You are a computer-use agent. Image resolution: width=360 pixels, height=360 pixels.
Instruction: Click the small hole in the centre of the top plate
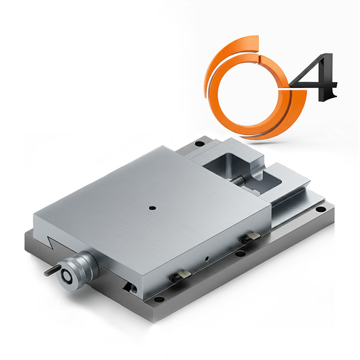coord(152,208)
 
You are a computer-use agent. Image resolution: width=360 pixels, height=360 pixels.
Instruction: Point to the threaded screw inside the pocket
coord(238,181)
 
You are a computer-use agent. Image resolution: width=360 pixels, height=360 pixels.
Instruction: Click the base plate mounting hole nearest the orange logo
coord(199,144)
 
